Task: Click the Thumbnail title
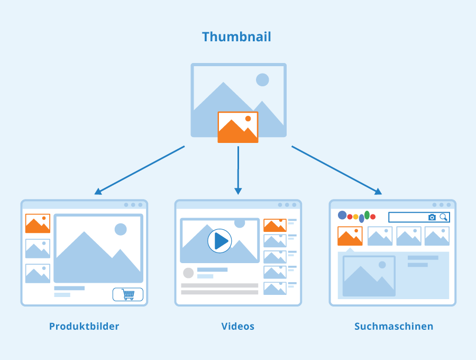pos(236,37)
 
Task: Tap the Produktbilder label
pos(84,326)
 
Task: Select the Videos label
pos(237,326)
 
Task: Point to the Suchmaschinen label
pos(393,326)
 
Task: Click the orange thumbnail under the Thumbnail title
pos(238,127)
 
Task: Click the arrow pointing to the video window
pos(238,170)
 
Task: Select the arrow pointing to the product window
pos(139,170)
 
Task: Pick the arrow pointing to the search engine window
pos(337,170)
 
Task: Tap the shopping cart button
pos(128,294)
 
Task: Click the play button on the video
pos(220,241)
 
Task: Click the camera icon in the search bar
pos(432,217)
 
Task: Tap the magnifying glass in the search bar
pos(444,217)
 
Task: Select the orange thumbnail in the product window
pos(38,223)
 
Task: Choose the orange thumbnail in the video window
pos(275,226)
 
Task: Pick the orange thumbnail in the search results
pos(350,236)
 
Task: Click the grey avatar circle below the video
pos(188,273)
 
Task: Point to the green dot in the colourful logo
pos(367,215)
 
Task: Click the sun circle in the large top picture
pos(262,80)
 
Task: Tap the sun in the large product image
pos(121,229)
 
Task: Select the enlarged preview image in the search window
pos(369,276)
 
